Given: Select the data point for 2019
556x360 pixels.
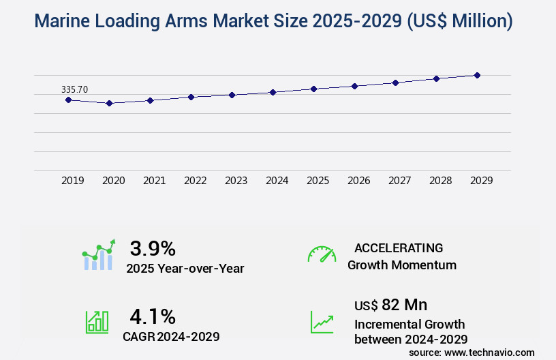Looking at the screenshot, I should pyautogui.click(x=68, y=100).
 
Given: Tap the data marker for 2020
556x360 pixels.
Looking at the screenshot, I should pyautogui.click(x=109, y=103).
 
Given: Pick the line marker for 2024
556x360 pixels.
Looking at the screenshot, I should pyautogui.click(x=273, y=92).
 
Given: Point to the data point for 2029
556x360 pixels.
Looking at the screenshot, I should pyautogui.click(x=477, y=75).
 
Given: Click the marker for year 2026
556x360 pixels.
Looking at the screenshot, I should pyautogui.click(x=354, y=86).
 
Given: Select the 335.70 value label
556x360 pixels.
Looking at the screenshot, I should pyautogui.click(x=74, y=89).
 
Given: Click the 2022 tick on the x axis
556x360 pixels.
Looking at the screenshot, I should pyautogui.click(x=196, y=181).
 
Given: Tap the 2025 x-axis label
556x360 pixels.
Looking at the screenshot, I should pyautogui.click(x=318, y=181).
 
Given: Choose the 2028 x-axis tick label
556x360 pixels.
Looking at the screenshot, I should pyautogui.click(x=441, y=181).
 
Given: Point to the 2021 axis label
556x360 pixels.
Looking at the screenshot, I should pyautogui.click(x=155, y=181).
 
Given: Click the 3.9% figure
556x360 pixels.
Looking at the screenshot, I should pyautogui.click(x=153, y=247).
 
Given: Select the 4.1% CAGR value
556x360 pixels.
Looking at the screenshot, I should pyautogui.click(x=153, y=316).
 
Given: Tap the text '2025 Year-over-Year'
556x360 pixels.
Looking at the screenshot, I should pyautogui.click(x=185, y=269).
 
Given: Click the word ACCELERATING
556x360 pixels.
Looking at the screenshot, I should pyautogui.click(x=399, y=247).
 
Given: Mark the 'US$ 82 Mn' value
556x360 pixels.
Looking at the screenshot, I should pyautogui.click(x=391, y=304).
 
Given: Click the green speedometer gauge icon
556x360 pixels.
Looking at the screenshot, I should pyautogui.click(x=322, y=254).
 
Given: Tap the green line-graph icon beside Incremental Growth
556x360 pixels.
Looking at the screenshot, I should pyautogui.click(x=322, y=322).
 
